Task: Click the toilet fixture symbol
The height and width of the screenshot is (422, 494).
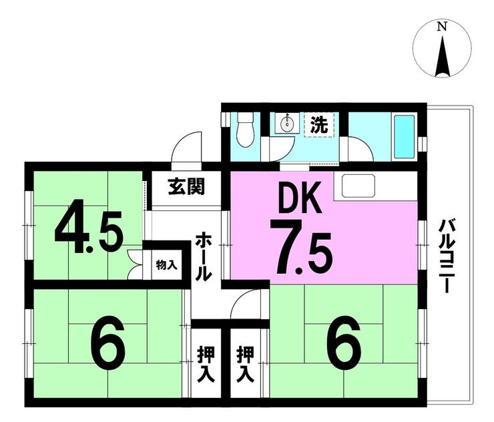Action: click(245, 130)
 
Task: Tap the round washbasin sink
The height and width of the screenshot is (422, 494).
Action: click(286, 124)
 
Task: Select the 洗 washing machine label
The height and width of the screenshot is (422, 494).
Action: click(319, 124)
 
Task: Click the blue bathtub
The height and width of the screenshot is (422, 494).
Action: click(404, 137)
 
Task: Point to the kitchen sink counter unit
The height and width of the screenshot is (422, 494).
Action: click(358, 186)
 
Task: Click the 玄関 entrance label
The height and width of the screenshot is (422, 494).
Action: click(186, 186)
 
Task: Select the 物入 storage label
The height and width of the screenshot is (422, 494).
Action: click(167, 265)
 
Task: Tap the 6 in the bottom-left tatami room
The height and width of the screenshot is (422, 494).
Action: click(107, 343)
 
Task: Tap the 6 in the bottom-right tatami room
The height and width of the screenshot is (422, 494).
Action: click(343, 343)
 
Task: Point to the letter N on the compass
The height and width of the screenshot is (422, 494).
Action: click(443, 27)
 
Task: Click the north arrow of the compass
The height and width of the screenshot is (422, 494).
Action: click(443, 57)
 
